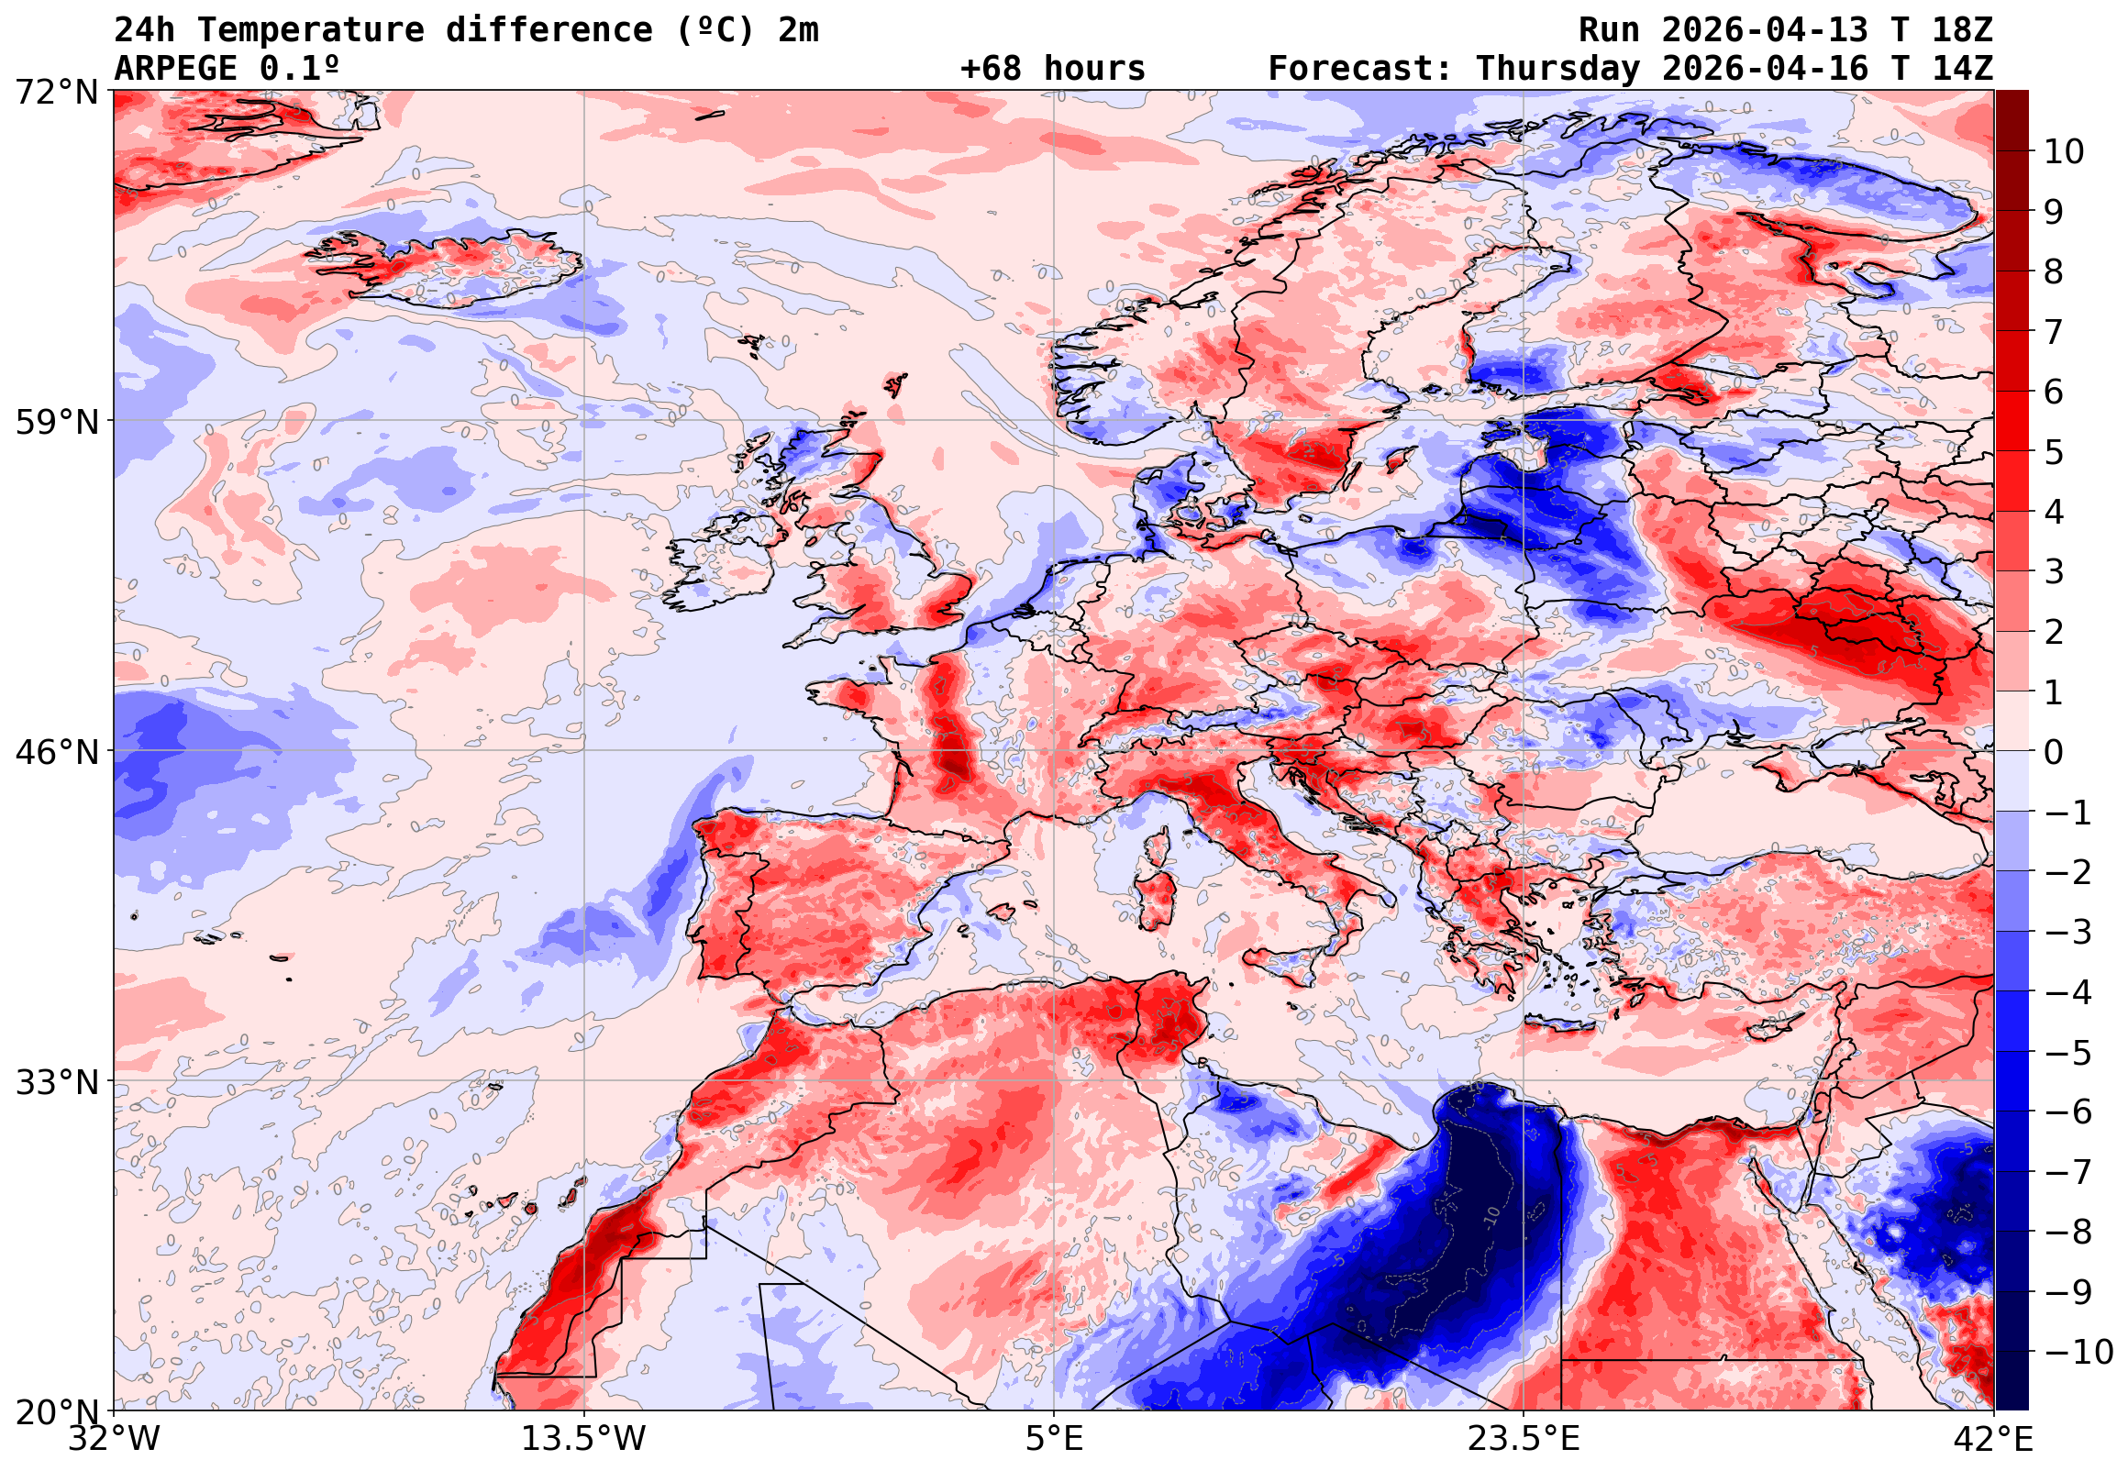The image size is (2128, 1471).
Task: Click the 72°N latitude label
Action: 56,93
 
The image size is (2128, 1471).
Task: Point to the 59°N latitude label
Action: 56,422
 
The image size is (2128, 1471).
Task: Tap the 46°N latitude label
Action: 56,752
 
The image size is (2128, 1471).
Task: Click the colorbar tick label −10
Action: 2078,1352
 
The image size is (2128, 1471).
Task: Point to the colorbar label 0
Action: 2054,752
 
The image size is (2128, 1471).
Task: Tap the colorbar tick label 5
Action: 2054,452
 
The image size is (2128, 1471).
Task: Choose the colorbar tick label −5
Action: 2068,1053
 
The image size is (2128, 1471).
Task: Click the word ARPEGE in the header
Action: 176,68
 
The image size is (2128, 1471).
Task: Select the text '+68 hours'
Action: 1052,68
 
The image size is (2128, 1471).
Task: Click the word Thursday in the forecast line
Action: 1557,68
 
